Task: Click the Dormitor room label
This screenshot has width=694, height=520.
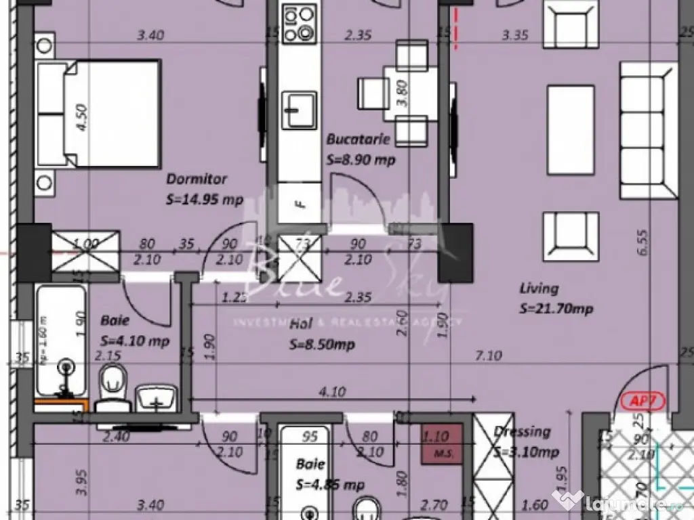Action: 197,179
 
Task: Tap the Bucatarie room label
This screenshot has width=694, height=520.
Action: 358,140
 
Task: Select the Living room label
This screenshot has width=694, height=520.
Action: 539,288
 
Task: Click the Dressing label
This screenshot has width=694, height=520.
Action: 522,431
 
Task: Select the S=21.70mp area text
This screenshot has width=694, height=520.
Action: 556,309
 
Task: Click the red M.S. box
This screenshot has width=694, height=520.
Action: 443,444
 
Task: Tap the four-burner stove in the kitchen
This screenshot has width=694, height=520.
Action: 299,24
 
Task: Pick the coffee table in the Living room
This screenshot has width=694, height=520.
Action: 571,129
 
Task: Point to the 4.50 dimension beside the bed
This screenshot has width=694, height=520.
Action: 81,116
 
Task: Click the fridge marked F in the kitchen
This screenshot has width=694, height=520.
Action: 298,202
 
